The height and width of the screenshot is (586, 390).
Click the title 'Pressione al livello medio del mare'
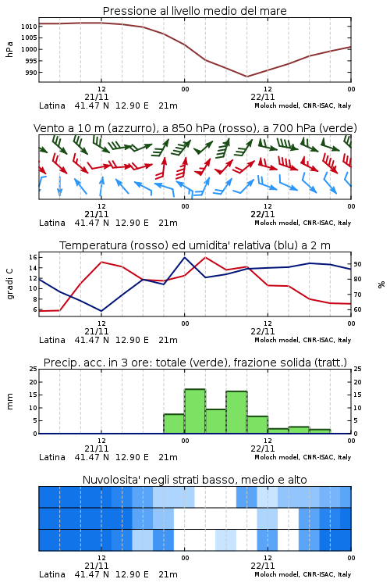tap(194, 11)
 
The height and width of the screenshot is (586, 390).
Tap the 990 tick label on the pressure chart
tap(31, 73)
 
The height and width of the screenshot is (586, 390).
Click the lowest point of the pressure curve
tap(246, 77)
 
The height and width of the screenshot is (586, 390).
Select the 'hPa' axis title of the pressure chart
tap(9, 49)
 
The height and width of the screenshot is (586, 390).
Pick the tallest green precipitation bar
tap(195, 412)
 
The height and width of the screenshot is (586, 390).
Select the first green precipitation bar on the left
tap(174, 423)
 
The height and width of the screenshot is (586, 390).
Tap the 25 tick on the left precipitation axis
tap(34, 370)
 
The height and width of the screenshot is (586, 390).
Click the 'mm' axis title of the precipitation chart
tap(9, 402)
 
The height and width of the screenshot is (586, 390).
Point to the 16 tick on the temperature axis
tap(34, 257)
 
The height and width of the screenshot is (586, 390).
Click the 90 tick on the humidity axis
tap(357, 264)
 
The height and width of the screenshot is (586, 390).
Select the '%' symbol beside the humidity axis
tap(381, 284)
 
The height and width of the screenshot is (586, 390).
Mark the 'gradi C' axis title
tap(10, 284)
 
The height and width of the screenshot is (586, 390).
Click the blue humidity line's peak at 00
tap(184, 257)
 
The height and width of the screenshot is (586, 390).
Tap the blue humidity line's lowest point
tap(101, 311)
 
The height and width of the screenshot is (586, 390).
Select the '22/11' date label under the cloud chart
tap(263, 566)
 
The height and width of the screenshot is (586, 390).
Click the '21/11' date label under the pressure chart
tap(97, 97)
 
